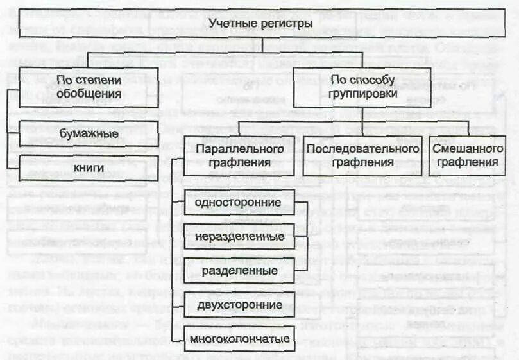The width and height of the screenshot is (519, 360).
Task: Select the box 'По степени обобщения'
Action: pyautogui.click(x=89, y=85)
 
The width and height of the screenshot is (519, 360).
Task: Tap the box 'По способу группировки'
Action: pyautogui.click(x=364, y=85)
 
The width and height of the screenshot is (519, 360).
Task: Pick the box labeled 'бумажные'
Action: pyautogui.click(x=89, y=133)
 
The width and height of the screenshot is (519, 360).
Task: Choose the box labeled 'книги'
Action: pyautogui.click(x=89, y=167)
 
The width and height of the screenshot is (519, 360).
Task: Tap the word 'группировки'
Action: pyautogui.click(x=364, y=92)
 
